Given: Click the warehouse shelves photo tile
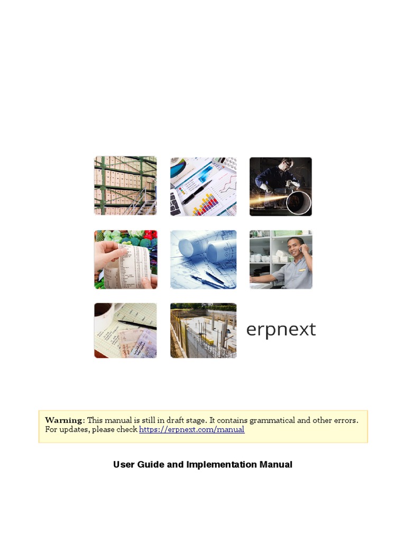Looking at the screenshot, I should click(x=125, y=185).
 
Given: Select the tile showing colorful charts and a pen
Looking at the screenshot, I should click(x=203, y=186).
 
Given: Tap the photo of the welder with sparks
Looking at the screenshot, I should click(x=281, y=186).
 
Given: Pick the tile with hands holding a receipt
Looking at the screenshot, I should click(x=125, y=259).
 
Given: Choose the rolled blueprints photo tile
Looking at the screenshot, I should click(x=203, y=259).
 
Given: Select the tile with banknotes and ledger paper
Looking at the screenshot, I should click(x=125, y=331).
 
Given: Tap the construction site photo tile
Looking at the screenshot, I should click(x=203, y=331).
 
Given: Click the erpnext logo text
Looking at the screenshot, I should click(x=281, y=330).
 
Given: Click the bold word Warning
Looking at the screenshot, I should click(x=64, y=421).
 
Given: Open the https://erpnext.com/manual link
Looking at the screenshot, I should click(x=191, y=430).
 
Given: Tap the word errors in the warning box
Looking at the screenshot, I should click(x=346, y=421).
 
